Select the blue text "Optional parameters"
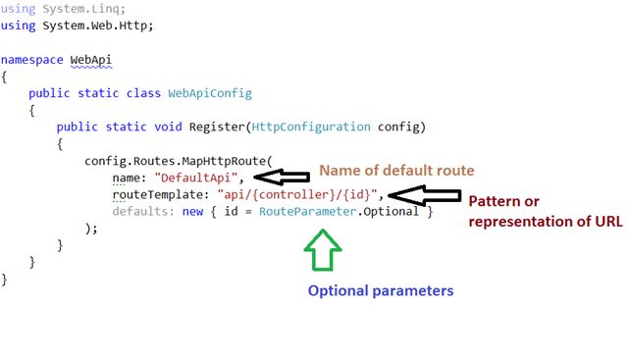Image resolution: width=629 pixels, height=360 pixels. click(x=381, y=291)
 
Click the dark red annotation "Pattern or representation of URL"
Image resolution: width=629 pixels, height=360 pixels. click(x=545, y=211)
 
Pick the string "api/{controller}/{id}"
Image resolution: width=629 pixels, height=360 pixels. click(x=298, y=194)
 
